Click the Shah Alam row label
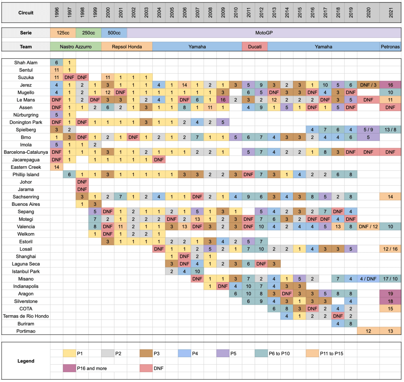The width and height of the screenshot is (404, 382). [x=26, y=62]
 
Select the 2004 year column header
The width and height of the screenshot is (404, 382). [x=158, y=13]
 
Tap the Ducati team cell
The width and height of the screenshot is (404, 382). [x=255, y=47]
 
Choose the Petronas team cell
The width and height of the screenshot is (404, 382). [x=390, y=47]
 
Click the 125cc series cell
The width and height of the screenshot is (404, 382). [x=63, y=33]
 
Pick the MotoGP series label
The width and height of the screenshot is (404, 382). [x=264, y=33]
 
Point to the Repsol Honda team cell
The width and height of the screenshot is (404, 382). [x=126, y=47]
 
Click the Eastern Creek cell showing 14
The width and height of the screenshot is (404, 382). [x=56, y=167]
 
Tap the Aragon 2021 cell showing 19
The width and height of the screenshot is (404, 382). [x=390, y=294]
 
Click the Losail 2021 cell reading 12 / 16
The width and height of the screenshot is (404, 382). [x=390, y=248]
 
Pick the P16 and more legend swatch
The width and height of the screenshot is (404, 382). [x=69, y=368]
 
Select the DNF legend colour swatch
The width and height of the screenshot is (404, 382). [x=146, y=368]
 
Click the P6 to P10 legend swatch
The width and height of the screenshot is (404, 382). [x=261, y=354]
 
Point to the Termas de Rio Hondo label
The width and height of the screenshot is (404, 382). [x=26, y=316]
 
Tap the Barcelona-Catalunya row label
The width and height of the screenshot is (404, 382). [x=26, y=152]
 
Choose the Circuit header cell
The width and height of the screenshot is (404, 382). [x=26, y=13]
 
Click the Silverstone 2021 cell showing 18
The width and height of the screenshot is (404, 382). [x=390, y=301]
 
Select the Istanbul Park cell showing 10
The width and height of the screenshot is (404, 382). [x=197, y=271]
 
